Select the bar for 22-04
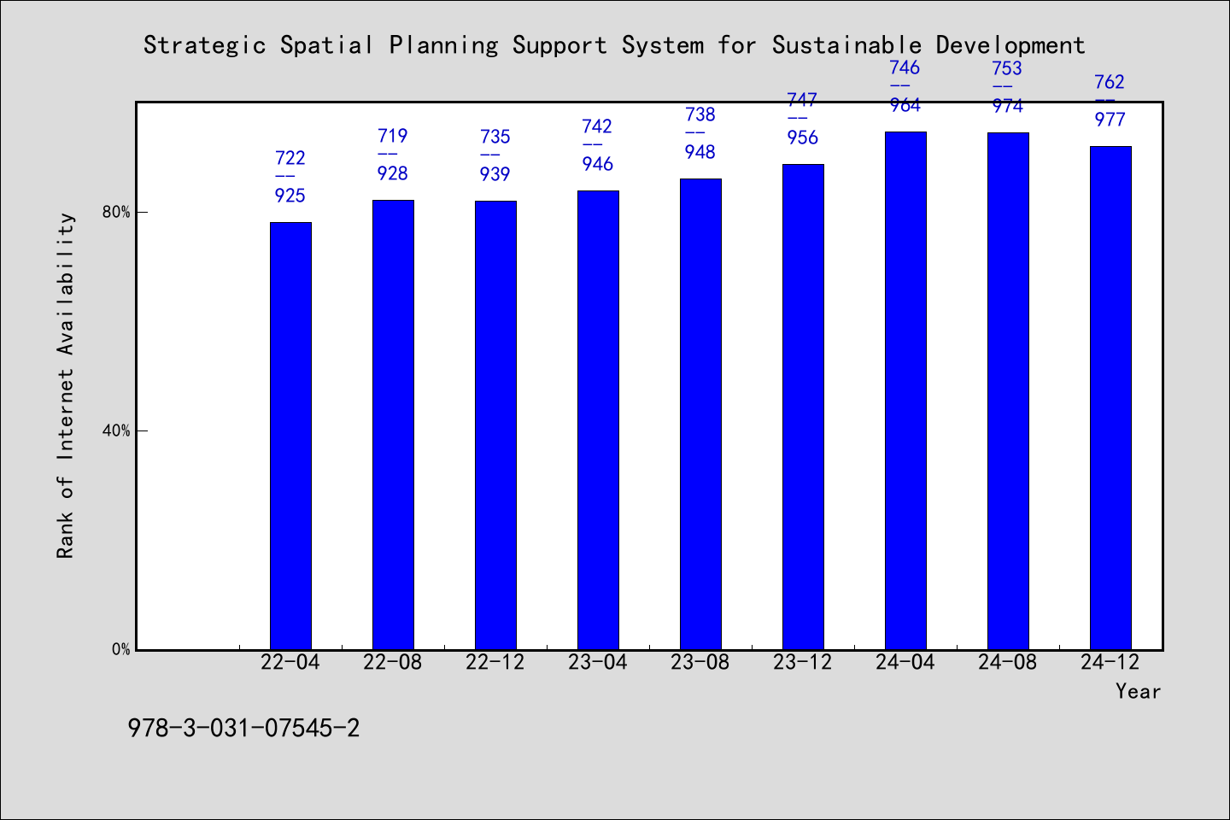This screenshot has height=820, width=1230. pos(290,436)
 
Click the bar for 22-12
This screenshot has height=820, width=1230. pos(495,425)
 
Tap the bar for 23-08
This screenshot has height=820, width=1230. pos(700,414)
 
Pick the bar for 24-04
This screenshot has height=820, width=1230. pos(905,390)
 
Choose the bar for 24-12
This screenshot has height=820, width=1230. pos(1110,398)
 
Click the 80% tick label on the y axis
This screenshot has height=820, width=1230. pos(116,212)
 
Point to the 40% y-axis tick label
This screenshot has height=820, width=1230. pos(116,430)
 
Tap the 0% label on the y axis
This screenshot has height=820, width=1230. pos(120,650)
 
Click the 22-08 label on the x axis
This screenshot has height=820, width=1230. pos(393,662)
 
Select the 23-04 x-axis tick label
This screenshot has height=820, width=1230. pos(597,662)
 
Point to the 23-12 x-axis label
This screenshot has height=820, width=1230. pos(802,662)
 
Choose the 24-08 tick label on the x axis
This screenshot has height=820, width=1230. pos(1008,662)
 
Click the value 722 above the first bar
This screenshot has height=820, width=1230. pos(290,158)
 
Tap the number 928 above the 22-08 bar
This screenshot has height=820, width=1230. pos(393,173)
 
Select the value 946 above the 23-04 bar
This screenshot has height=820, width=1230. pos(597,164)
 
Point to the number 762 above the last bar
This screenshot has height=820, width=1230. pos(1110,82)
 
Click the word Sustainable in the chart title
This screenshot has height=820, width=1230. pos(846,45)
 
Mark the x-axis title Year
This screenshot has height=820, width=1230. pos(1139,691)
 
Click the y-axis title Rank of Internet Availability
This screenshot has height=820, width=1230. pos(65,386)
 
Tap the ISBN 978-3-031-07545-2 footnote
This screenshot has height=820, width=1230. pos(243,729)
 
